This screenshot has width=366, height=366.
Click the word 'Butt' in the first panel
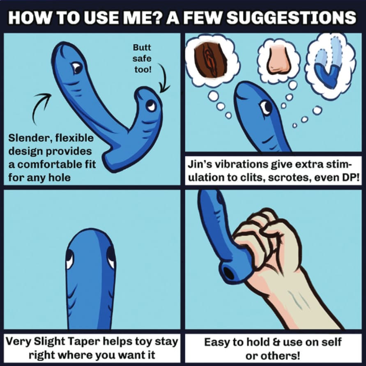point(143,48)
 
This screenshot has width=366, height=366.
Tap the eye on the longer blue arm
point(76,67)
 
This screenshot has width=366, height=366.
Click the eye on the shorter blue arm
point(151,106)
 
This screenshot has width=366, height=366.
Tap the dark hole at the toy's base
point(229,274)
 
